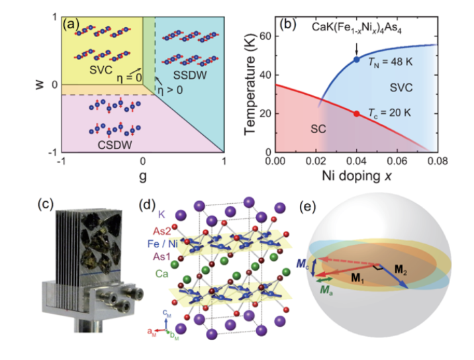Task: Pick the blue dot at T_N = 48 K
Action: pos(356,59)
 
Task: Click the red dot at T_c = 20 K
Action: pos(357,114)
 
